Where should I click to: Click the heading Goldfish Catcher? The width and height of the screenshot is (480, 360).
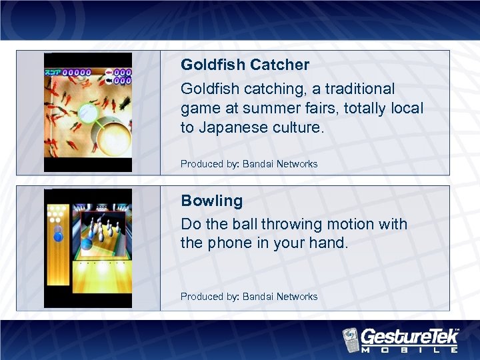(245, 65)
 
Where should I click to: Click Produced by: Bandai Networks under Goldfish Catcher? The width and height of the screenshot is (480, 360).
(249, 164)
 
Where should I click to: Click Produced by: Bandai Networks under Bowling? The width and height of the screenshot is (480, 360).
(249, 297)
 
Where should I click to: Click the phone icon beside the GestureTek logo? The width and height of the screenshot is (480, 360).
(351, 339)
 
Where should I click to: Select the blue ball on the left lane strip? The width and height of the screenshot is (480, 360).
(58, 237)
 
